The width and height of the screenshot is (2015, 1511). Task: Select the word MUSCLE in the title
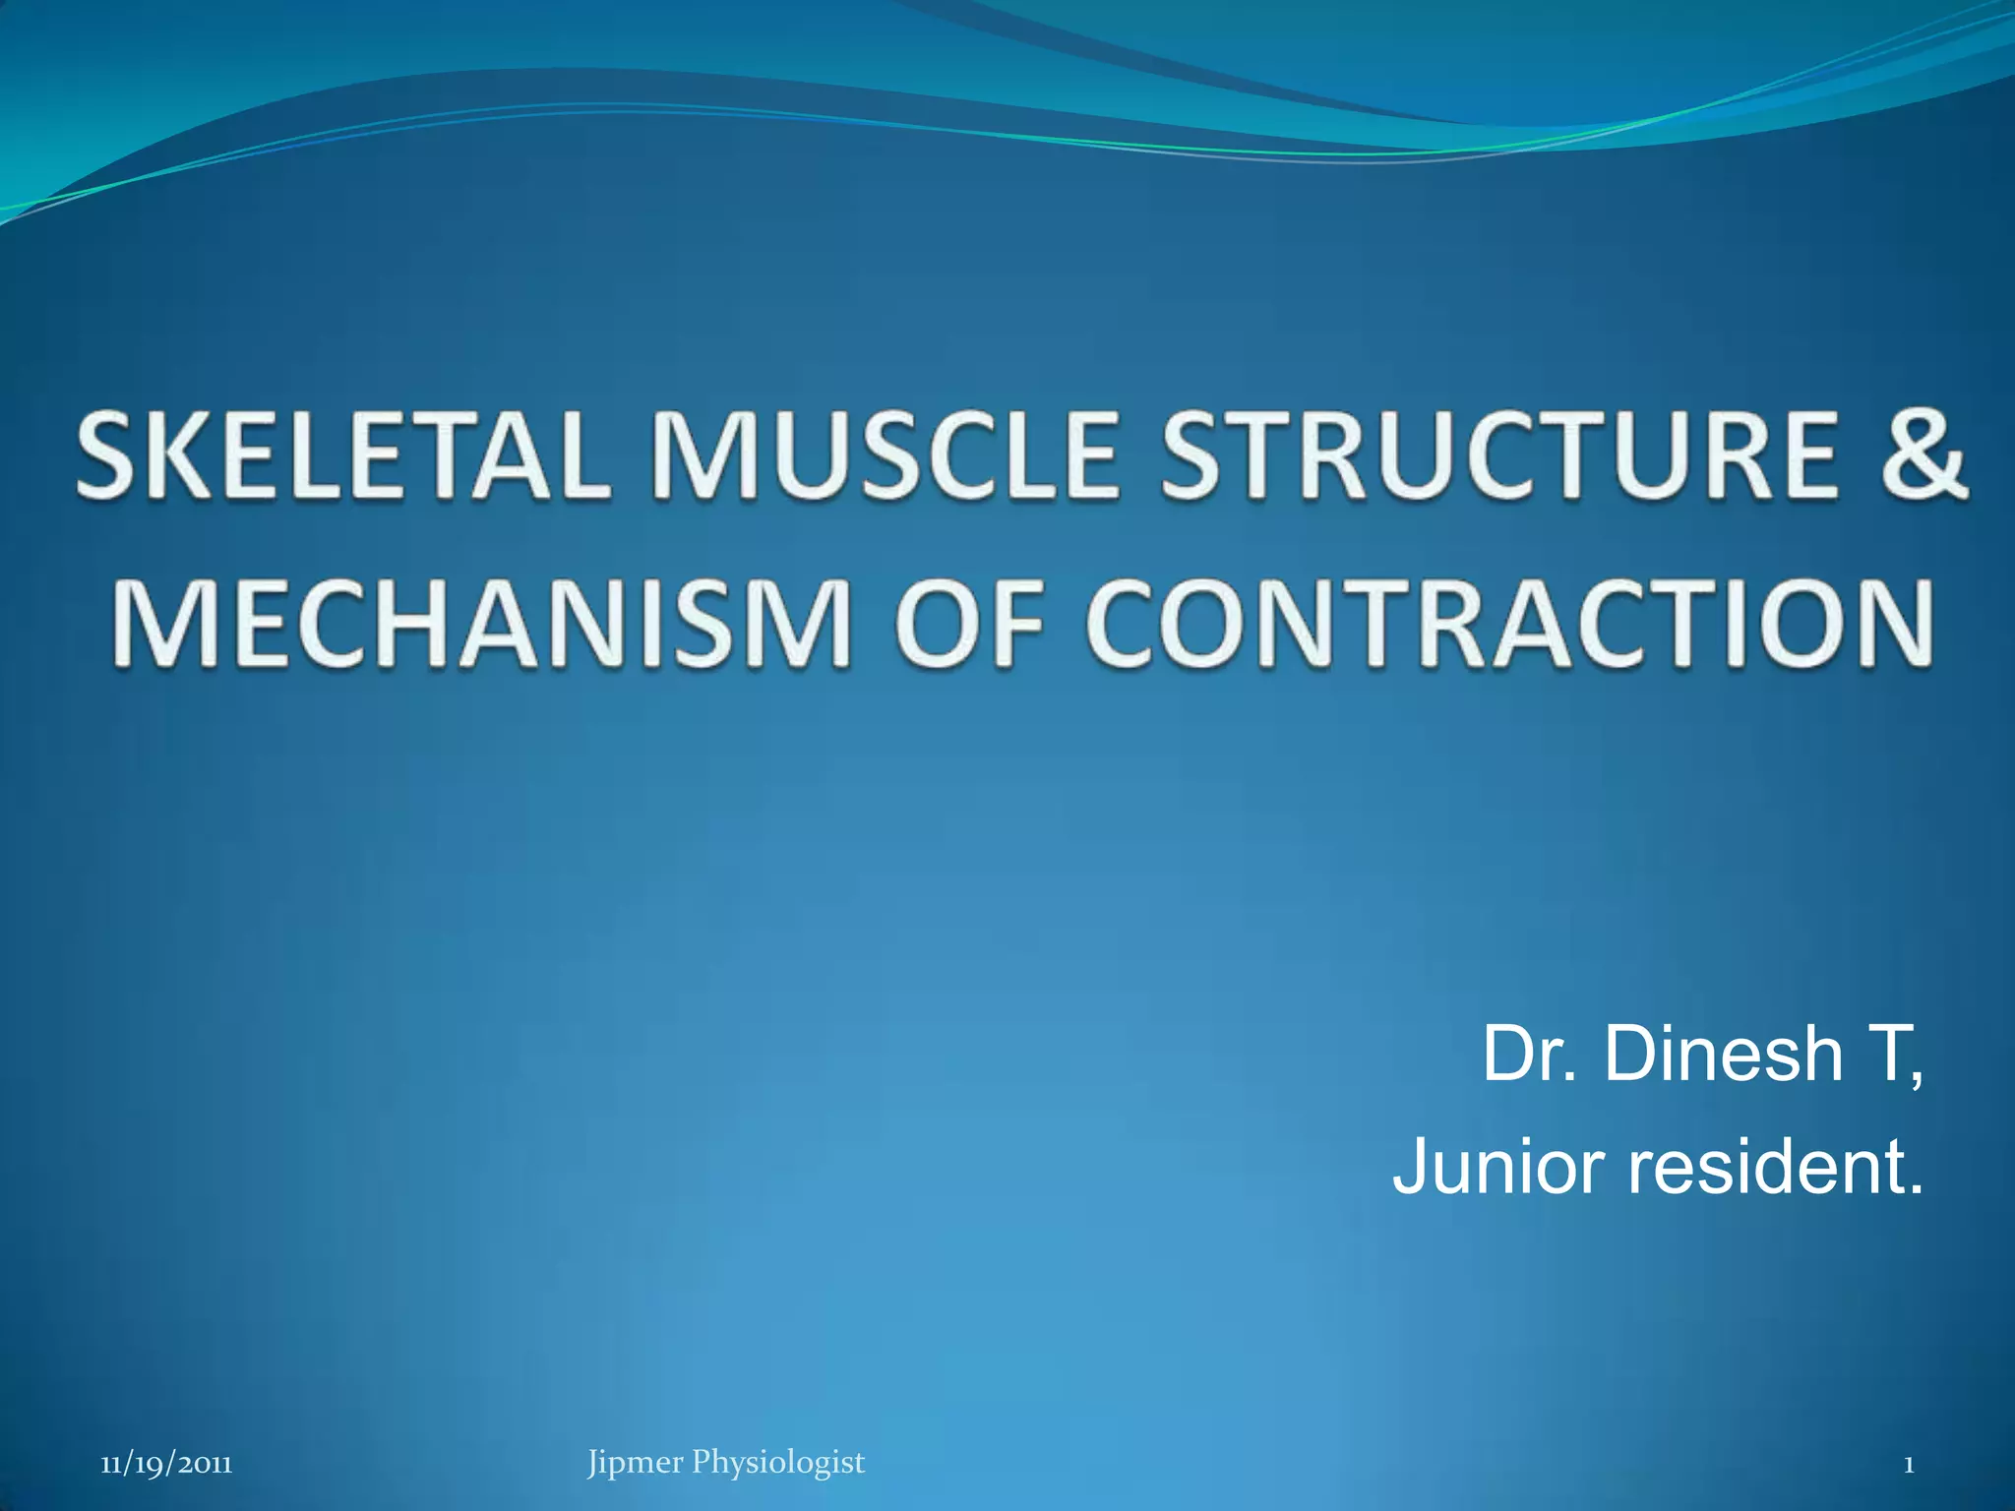(x=885, y=453)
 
